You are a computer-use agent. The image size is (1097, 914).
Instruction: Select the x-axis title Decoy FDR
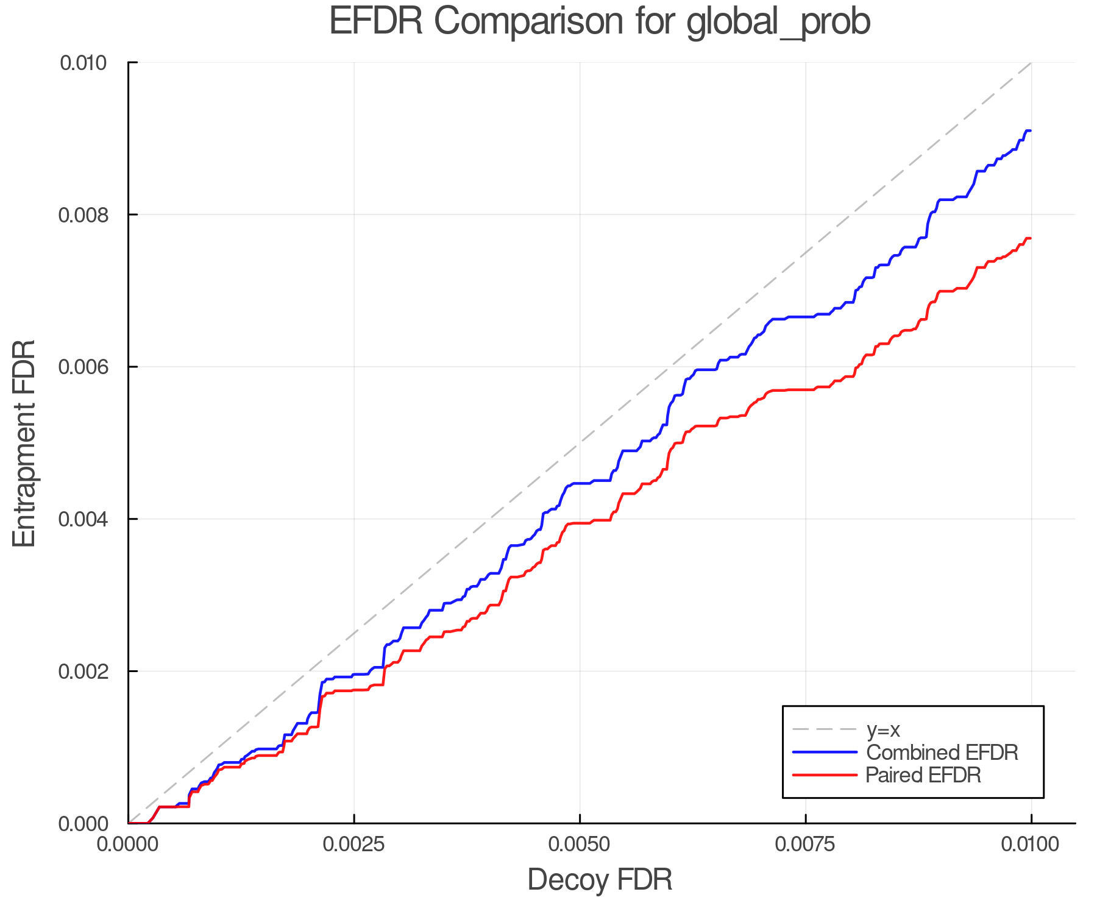pos(600,880)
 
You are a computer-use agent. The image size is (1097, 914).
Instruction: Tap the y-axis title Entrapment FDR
pos(24,443)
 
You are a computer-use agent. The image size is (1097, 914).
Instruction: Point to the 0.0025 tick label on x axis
pos(353,845)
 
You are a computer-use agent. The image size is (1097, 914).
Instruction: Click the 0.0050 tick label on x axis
pos(580,845)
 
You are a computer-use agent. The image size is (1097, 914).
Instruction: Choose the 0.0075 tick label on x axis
pos(806,845)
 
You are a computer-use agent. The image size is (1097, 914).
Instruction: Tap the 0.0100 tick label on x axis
pos(1031,845)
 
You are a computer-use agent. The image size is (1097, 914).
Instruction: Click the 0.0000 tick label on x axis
pos(128,845)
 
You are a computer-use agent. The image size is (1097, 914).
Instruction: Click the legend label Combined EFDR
pos(942,753)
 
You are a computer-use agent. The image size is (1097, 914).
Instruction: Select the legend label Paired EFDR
pos(924,775)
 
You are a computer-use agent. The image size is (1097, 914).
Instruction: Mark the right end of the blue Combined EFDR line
pos(1031,131)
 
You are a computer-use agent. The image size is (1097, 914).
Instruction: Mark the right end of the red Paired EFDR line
pos(1031,238)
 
